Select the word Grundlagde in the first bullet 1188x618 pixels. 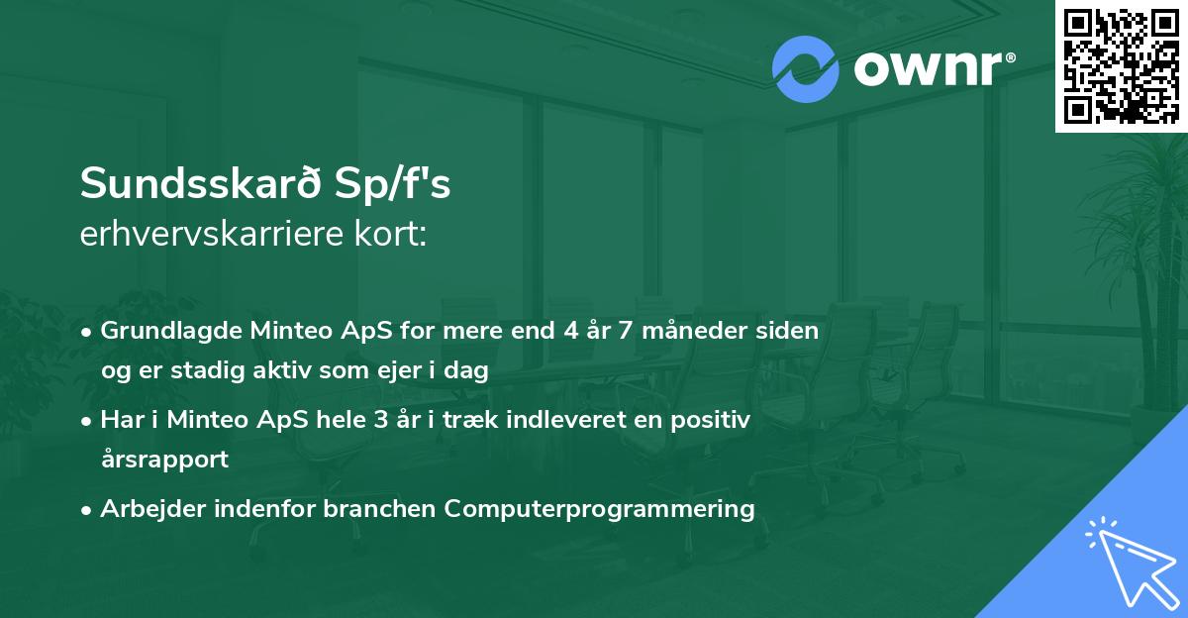[163, 331]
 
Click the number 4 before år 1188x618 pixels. [570, 331]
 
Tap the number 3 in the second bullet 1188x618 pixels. [380, 420]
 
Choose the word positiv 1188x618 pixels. [713, 420]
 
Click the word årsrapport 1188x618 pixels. [164, 460]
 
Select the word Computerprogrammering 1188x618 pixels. [599, 509]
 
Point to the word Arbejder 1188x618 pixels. [145, 509]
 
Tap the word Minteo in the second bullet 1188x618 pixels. [203, 420]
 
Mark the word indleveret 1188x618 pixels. [567, 420]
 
